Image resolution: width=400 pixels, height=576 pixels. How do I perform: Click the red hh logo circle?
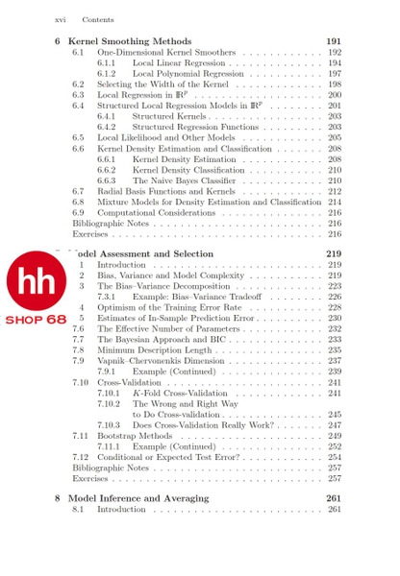click(x=37, y=279)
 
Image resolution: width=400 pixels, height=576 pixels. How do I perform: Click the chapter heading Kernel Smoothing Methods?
click(x=132, y=41)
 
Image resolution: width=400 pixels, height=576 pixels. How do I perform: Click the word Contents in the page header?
click(x=98, y=19)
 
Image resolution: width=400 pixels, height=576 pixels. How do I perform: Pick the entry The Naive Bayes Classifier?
click(x=184, y=180)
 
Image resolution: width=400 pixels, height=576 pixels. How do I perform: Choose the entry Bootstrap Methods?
click(x=135, y=435)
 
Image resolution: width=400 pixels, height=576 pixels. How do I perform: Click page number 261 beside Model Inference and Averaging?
click(x=334, y=498)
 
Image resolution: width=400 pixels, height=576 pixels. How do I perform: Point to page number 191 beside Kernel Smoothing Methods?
click(x=334, y=41)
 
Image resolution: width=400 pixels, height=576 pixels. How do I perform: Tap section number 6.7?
click(x=78, y=192)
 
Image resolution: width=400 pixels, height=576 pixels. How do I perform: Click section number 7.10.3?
click(x=109, y=424)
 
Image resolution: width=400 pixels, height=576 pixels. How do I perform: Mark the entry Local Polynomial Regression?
click(x=188, y=73)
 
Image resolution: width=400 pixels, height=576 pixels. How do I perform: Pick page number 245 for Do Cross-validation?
click(x=335, y=414)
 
